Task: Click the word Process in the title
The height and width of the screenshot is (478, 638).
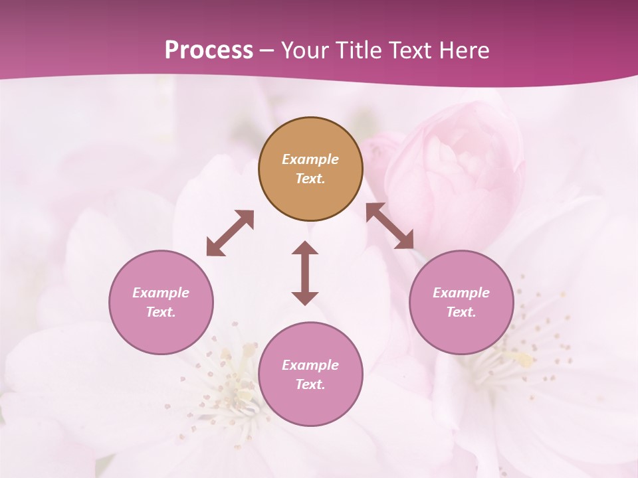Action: coord(209,50)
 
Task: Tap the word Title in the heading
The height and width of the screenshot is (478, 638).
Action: coord(360,50)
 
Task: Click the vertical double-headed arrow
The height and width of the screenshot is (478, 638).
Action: coord(305,273)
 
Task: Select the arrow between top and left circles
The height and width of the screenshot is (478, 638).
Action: coord(230,233)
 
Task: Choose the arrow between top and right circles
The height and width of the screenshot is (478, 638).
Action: coord(390,226)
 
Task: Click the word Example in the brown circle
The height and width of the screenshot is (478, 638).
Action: coord(310,159)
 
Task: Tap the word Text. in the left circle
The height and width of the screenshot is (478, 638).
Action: coord(161,312)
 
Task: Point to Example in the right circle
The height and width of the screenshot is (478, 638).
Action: coord(461,293)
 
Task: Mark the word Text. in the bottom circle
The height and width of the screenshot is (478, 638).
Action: coord(310,384)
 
